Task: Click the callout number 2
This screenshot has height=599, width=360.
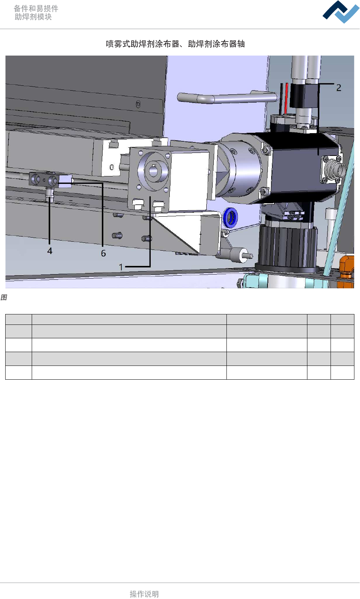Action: pos(339,88)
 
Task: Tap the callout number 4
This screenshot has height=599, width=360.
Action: pos(50,251)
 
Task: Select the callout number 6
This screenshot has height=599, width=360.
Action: pos(103,253)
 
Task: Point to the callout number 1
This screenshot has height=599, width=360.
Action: pos(121,267)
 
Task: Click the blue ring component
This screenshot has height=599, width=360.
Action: pos(230,217)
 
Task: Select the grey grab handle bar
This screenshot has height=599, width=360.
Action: pos(227,97)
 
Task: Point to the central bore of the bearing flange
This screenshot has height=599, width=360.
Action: pos(153,170)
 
